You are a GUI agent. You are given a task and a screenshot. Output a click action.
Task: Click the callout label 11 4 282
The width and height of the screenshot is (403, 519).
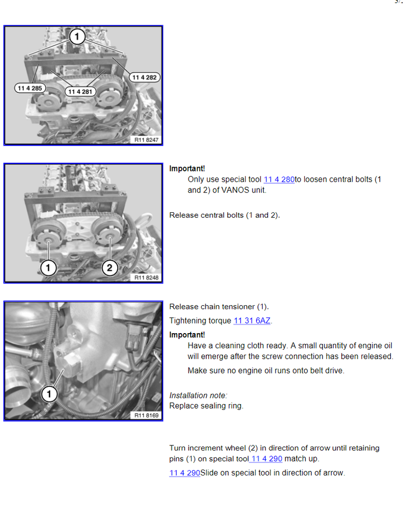[145, 77]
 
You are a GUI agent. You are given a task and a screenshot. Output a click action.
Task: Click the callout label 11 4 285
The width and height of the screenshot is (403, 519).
[30, 88]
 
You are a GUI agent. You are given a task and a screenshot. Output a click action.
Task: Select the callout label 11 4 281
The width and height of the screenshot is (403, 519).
[80, 92]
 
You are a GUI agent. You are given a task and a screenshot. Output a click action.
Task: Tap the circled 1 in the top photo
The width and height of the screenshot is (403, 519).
[77, 36]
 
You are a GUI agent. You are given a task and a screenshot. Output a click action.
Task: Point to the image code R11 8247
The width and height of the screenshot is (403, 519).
[146, 140]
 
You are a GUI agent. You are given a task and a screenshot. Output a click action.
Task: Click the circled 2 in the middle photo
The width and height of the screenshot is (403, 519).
[110, 268]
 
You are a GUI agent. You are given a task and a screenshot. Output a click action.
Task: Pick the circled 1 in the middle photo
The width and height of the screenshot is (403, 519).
[48, 268]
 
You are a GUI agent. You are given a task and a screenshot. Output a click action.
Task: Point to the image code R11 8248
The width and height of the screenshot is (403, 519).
[146, 278]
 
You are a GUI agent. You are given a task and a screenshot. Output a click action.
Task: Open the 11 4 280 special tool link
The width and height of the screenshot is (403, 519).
[279, 179]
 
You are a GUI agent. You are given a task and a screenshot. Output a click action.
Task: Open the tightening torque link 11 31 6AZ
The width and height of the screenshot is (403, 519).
[252, 321]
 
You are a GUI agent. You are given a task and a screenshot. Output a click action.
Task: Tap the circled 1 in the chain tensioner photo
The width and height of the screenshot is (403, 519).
[49, 394]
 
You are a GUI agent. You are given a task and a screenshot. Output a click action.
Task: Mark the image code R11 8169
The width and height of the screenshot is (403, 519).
[146, 415]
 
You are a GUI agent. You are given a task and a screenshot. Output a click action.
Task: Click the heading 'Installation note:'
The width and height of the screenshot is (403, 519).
[198, 395]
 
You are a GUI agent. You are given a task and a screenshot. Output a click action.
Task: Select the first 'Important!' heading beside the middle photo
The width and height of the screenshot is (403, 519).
[187, 169]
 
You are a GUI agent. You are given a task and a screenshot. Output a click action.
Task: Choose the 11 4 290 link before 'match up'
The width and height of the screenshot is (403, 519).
[267, 459]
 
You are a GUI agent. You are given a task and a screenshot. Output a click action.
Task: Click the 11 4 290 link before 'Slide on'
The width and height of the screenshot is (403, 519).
[185, 473]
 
